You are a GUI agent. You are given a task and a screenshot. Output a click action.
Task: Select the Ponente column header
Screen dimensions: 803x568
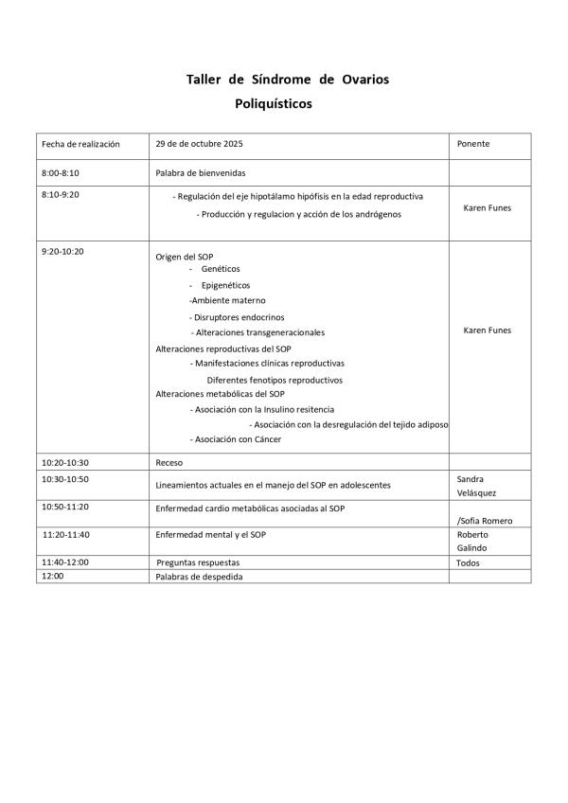473,145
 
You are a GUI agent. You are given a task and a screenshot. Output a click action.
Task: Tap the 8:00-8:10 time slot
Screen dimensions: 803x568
61,173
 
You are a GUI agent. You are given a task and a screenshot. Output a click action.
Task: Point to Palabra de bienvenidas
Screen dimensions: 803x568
200,173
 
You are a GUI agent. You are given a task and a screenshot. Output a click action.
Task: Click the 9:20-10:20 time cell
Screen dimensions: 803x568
63,252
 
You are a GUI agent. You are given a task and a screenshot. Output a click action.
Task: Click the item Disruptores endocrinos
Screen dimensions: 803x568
238,317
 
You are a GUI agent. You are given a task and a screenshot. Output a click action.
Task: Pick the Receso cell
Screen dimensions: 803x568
169,462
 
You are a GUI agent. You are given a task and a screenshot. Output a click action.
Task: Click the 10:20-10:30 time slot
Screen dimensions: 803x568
65,462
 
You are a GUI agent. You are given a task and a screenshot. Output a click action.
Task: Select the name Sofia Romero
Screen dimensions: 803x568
485,521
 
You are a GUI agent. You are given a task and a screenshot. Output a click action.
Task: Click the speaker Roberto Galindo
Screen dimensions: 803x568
472,541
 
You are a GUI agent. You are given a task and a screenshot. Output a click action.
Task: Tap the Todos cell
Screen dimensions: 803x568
468,562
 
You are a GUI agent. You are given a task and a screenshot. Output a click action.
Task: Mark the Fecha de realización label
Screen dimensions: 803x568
80,145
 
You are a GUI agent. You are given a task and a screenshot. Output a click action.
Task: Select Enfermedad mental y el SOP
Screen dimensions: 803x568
210,535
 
